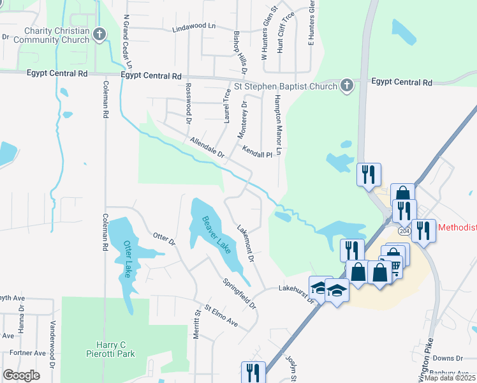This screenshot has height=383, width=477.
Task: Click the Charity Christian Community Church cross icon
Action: pyautogui.click(x=99, y=34)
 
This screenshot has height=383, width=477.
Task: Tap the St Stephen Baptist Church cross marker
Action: pyautogui.click(x=346, y=86)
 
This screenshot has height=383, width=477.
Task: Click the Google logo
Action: pyautogui.click(x=21, y=375)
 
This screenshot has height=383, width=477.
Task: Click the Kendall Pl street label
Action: pyautogui.click(x=258, y=152)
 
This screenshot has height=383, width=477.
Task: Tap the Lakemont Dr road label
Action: pyautogui.click(x=246, y=244)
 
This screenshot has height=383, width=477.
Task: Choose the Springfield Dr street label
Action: pyautogui.click(x=240, y=294)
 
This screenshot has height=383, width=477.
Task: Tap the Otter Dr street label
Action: pyautogui.click(x=164, y=239)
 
